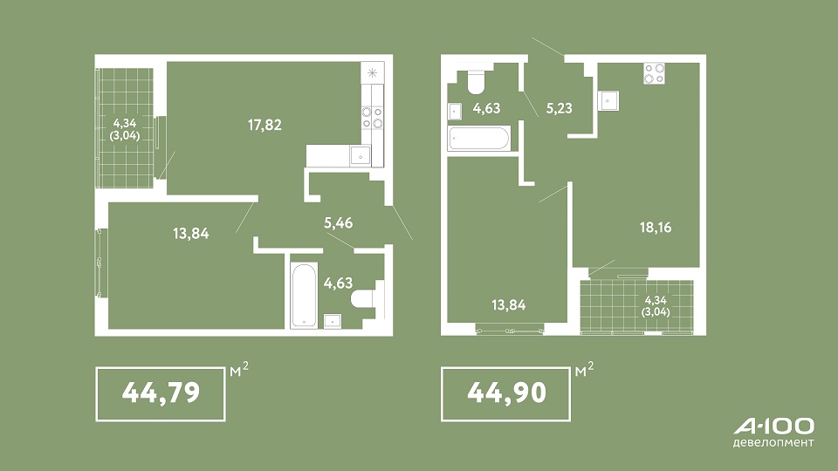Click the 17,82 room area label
[264, 125]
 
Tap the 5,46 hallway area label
[339, 222]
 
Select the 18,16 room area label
[656, 228]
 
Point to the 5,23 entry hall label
[559, 108]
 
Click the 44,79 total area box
[161, 394]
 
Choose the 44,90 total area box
[505, 394]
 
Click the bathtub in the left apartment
[304, 295]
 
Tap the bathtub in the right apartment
[479, 139]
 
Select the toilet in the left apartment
[365, 298]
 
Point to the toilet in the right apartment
[476, 80]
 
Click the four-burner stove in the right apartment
[654, 73]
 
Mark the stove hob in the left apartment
[373, 118]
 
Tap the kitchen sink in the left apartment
[361, 156]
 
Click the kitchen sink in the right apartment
[608, 100]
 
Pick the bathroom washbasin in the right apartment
[454, 111]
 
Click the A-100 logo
[774, 427]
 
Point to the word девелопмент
[774, 443]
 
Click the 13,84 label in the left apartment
[191, 234]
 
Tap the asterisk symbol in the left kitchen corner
[373, 73]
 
